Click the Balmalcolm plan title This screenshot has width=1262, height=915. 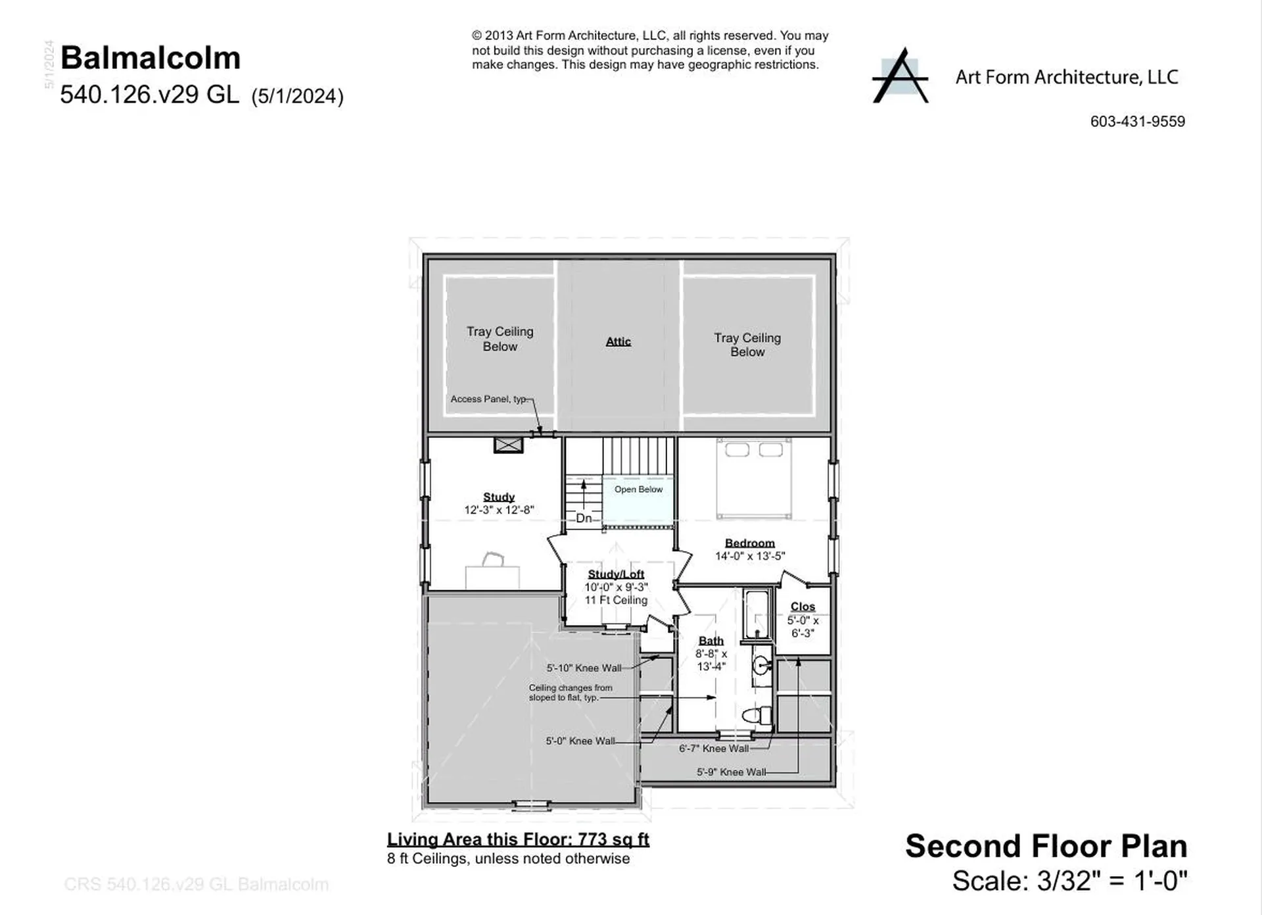coord(151,58)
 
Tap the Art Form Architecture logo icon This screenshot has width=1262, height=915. coord(900,76)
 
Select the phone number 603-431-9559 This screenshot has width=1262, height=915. coord(1137,122)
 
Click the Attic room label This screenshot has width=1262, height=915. coord(618,341)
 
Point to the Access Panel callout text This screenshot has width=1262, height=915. coord(488,399)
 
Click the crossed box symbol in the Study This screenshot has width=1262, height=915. coord(508,445)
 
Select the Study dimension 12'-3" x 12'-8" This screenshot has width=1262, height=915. coord(499,510)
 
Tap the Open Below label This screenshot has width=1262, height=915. coord(638,489)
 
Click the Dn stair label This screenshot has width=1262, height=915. coord(584,518)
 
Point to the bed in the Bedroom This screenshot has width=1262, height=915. coord(754,479)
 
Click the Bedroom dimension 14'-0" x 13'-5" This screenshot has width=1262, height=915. coord(750,556)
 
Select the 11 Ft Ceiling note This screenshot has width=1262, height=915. coord(616,600)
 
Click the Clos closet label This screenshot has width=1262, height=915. coord(803,606)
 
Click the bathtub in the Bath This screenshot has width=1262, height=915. coord(757,614)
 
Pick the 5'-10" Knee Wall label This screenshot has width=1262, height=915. coord(584,668)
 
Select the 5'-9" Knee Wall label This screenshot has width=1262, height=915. coord(731,772)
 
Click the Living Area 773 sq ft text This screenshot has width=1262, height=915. coord(518,840)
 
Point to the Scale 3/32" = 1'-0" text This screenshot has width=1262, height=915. coord(1069,881)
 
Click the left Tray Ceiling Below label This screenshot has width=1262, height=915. coord(500,339)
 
